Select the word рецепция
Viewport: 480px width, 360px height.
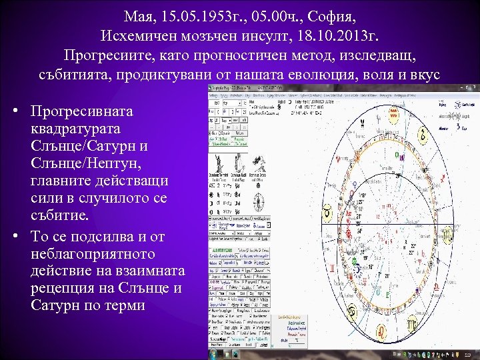(x=64, y=289)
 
